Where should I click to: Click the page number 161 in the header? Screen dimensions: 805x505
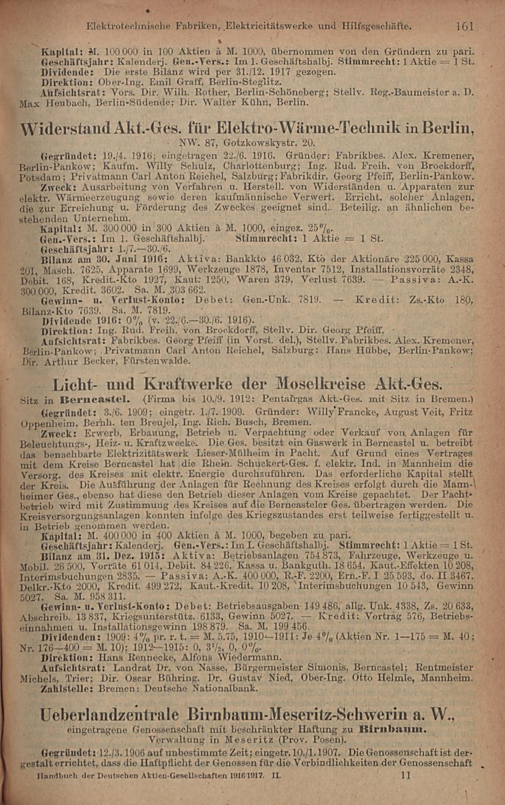coord(464,25)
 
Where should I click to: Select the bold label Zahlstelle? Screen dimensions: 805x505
coord(67,689)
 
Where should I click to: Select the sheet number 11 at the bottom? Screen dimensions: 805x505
coord(406,774)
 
